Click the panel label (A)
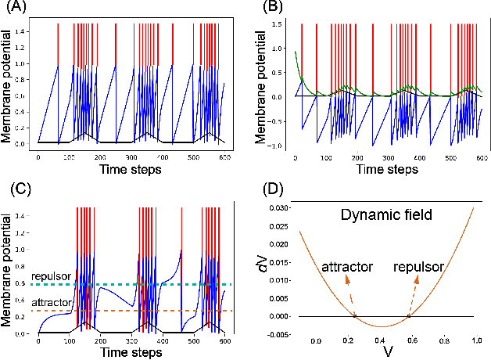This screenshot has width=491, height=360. coord(13,9)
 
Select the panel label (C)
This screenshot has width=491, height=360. coord(14,189)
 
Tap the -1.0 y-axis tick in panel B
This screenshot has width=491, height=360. coord(277,146)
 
